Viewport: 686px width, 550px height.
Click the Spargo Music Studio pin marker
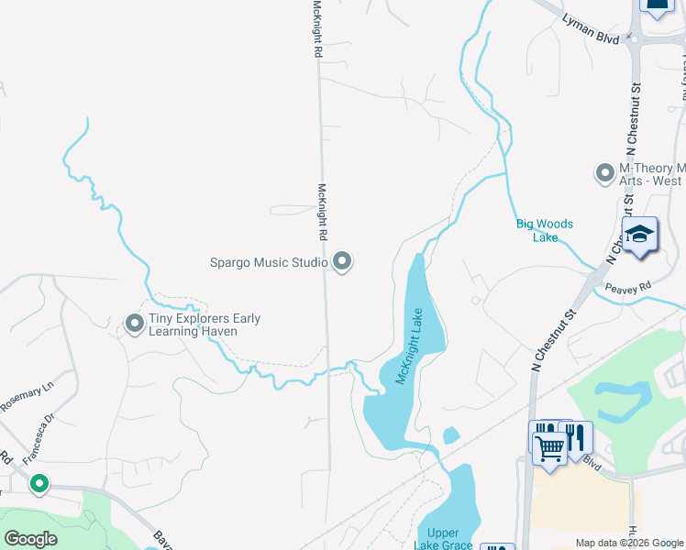tap(342, 263)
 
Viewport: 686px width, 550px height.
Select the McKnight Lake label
tap(409, 346)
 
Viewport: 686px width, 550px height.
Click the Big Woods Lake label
tap(544, 230)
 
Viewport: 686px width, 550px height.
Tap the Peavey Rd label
tap(627, 288)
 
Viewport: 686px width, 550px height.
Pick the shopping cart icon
tap(549, 449)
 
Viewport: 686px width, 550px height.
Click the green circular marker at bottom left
tap(39, 483)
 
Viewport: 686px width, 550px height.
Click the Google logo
tap(30, 539)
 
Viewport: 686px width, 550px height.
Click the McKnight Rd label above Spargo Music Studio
tap(322, 212)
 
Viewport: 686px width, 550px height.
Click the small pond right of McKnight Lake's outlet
tap(450, 435)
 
